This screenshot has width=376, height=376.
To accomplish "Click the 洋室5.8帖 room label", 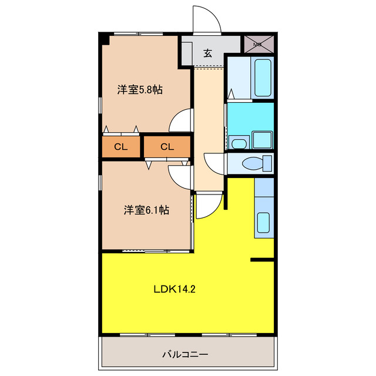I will coord(139,90).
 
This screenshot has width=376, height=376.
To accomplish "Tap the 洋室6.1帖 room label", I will coord(146,210).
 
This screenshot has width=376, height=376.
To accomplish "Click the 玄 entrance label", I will coord(207,53).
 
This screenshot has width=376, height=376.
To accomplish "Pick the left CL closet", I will coord(120,147).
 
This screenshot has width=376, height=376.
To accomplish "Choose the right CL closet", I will coord(167,147).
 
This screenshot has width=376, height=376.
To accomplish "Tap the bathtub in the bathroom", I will coord(262,78).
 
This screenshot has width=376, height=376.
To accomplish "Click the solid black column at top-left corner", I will coord(104,40).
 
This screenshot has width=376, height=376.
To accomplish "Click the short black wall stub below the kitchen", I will coord(262,259).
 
